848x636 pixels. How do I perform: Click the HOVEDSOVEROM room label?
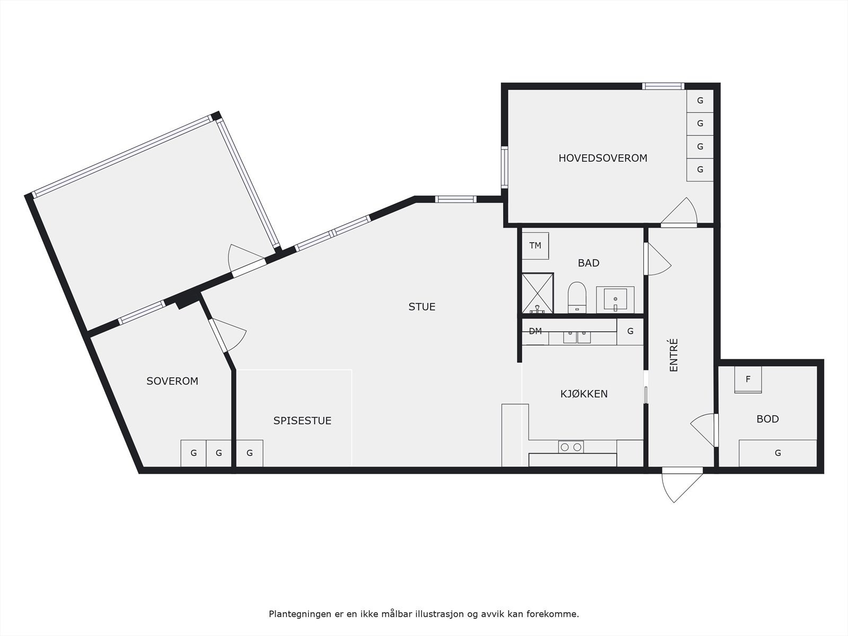tap(603, 158)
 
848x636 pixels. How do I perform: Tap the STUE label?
tap(422, 307)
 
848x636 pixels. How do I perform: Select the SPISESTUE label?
tap(302, 421)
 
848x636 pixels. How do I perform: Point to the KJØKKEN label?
tap(584, 394)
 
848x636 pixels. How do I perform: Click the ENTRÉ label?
tap(674, 355)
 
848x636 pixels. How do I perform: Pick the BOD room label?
tap(767, 419)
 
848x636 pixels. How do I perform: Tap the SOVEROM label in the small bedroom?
tap(172, 381)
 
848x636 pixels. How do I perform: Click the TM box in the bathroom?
tap(535, 246)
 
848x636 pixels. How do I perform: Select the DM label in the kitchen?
tap(535, 332)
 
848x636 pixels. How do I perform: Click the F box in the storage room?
tap(748, 379)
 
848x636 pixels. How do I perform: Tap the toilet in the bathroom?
tap(577, 297)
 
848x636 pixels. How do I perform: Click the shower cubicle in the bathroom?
tap(537, 293)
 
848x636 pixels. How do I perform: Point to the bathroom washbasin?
tap(615, 299)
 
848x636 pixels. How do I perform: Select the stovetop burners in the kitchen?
tap(571, 447)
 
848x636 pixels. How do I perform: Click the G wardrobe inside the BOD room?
tap(778, 453)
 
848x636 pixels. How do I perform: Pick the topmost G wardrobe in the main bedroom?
tap(700, 101)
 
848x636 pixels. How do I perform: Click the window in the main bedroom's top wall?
tap(663, 86)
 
